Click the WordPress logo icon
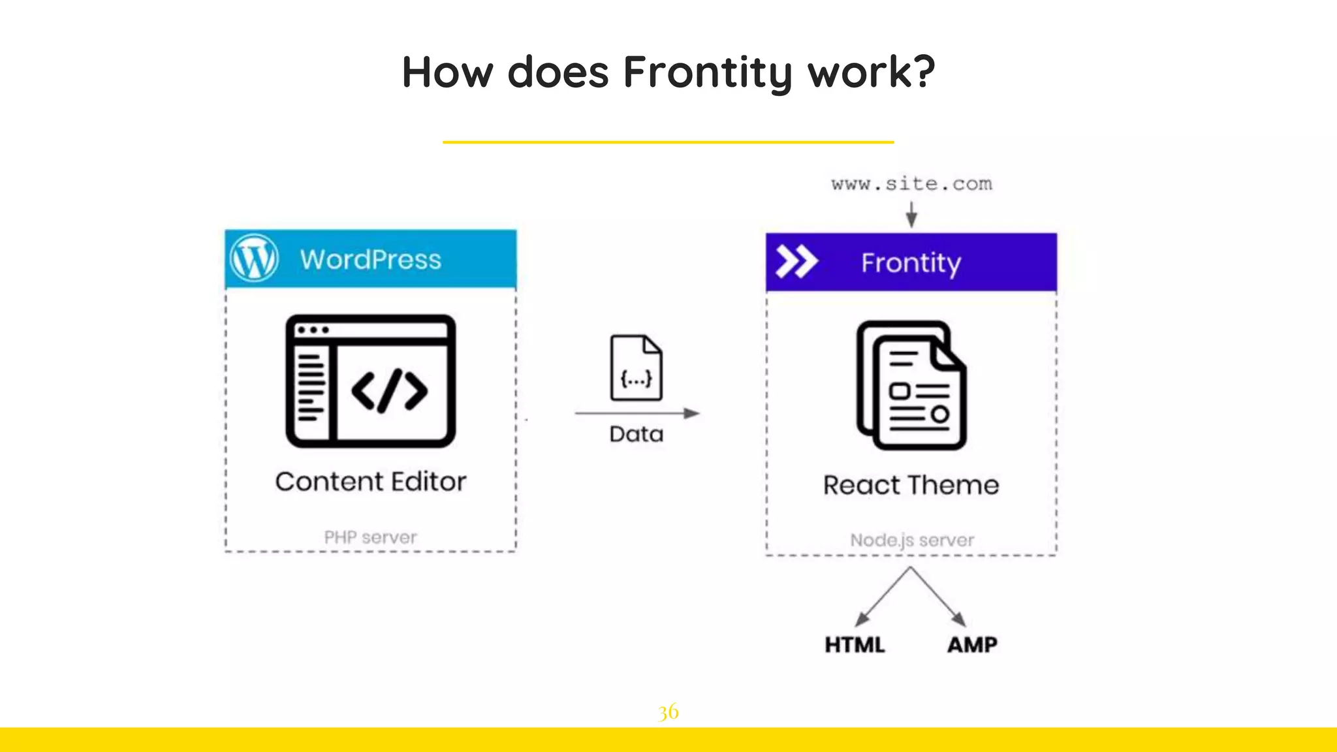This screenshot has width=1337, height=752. (x=254, y=258)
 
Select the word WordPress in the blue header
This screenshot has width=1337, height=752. (x=371, y=260)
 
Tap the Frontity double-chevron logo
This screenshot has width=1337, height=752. (x=796, y=262)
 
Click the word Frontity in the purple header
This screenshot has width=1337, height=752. (x=911, y=263)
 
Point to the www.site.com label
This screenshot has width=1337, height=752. (x=911, y=184)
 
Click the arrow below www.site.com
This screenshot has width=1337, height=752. (x=911, y=214)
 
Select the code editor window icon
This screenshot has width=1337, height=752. (x=371, y=381)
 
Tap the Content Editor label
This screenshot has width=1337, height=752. (x=371, y=482)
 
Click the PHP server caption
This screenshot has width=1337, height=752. (x=370, y=537)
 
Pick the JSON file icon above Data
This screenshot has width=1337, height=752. (x=636, y=368)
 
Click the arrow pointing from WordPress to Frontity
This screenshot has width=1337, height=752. (x=637, y=413)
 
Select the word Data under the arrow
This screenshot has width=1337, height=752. (x=637, y=435)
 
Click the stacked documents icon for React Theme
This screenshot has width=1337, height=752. (x=911, y=385)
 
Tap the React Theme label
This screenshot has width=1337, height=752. (x=911, y=486)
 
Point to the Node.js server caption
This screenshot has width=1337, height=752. (x=911, y=540)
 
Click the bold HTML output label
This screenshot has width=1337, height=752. (x=855, y=645)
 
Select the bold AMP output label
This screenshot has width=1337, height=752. (x=972, y=645)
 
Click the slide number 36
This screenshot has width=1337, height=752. (x=668, y=712)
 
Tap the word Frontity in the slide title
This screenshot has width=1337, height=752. (x=708, y=72)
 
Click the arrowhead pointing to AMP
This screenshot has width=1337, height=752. (x=958, y=619)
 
